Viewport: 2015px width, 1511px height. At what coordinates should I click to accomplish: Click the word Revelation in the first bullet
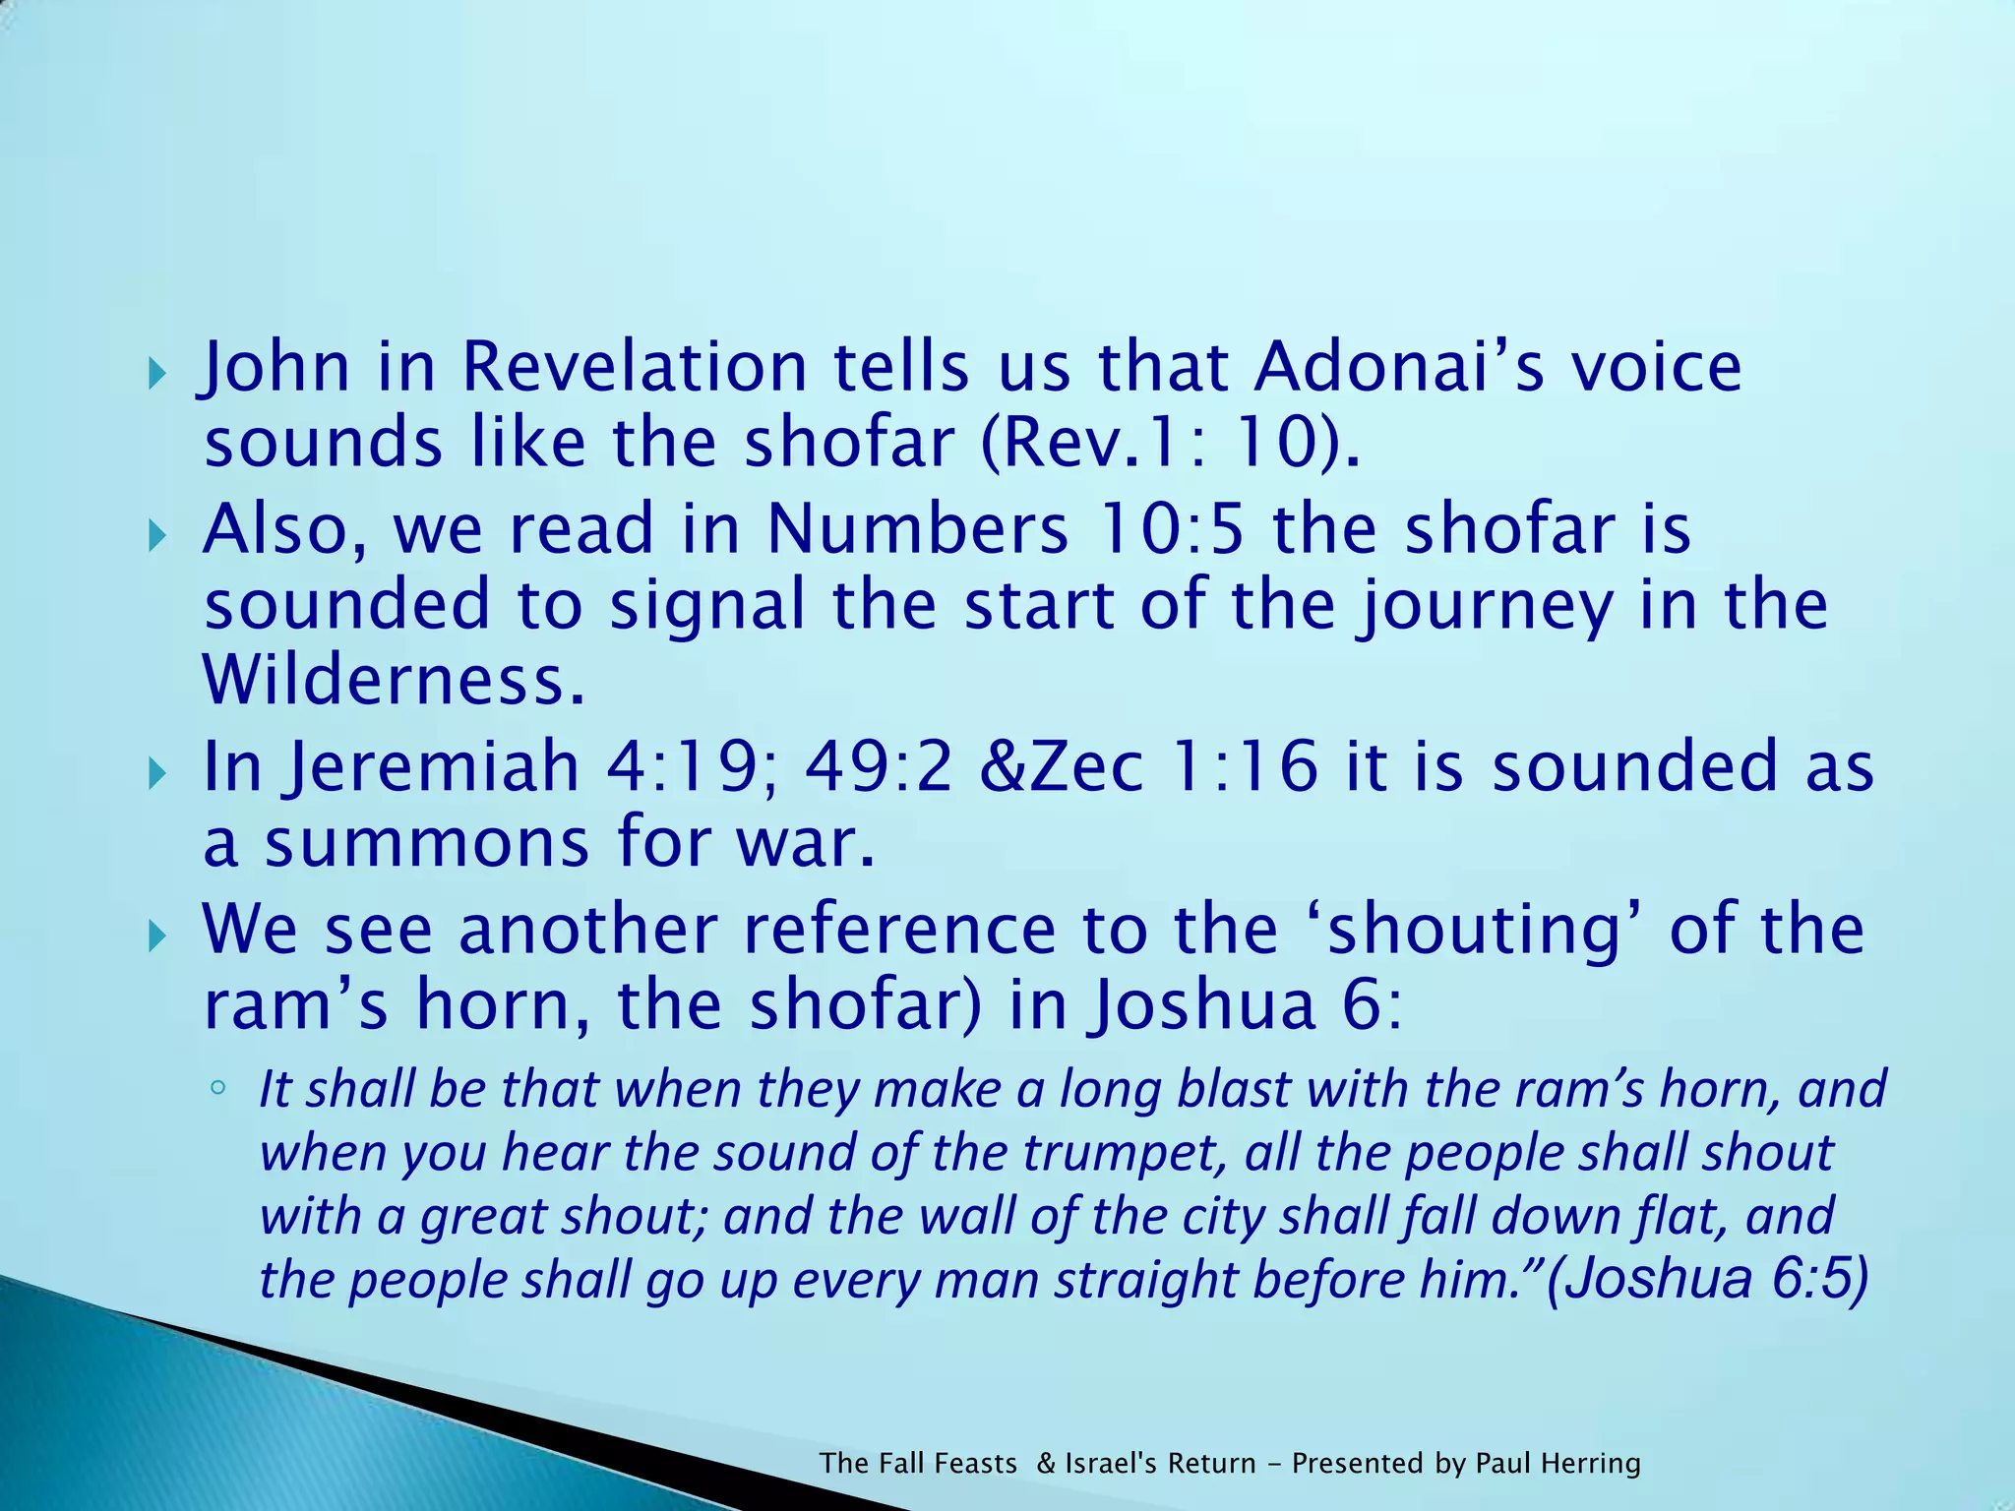point(634,367)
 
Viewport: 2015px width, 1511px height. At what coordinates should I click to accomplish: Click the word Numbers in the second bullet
point(917,529)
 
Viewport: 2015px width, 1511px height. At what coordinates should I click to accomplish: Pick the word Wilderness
point(394,680)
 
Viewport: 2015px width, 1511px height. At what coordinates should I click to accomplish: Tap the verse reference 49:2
point(879,767)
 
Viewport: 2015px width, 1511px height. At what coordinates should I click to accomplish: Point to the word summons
point(427,844)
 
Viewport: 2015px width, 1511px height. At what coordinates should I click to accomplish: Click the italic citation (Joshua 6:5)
point(1707,1279)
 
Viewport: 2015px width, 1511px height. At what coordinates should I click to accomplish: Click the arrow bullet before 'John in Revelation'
point(157,374)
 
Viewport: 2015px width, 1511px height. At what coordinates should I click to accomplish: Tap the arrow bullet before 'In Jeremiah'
point(157,774)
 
